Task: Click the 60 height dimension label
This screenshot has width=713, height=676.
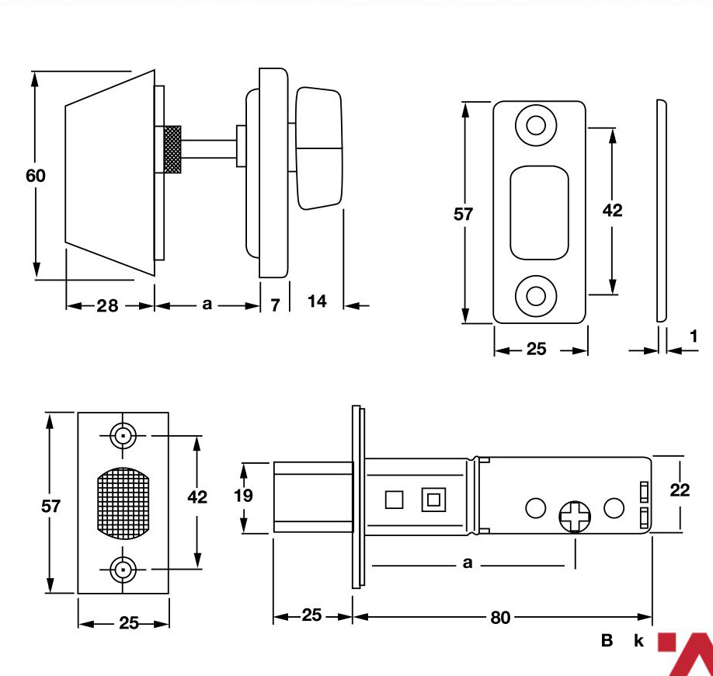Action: point(36,176)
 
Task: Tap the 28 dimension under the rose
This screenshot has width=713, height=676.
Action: point(107,305)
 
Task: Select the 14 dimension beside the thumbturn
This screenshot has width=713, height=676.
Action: point(317,301)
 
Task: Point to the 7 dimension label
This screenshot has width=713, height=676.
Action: point(275,305)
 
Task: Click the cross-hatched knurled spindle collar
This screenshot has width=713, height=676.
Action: point(172,150)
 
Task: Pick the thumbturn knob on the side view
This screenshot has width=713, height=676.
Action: point(318,148)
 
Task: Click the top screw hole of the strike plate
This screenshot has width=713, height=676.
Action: point(536,125)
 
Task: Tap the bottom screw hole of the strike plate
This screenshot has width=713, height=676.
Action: point(536,296)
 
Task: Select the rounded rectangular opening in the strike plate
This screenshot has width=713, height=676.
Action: point(539,213)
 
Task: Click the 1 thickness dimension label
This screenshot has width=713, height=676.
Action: point(694,336)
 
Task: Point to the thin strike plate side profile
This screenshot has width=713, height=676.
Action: point(662,211)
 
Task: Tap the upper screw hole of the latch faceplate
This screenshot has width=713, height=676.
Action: point(123,436)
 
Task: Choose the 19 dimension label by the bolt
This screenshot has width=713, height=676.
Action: point(243,496)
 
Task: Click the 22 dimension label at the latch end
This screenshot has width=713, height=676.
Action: point(680,490)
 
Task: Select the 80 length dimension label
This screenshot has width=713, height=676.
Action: point(500,617)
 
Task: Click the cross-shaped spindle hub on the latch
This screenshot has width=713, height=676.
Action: point(575,517)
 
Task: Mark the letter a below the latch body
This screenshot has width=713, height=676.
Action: point(468,563)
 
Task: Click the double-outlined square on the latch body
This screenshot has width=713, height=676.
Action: point(433,500)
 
